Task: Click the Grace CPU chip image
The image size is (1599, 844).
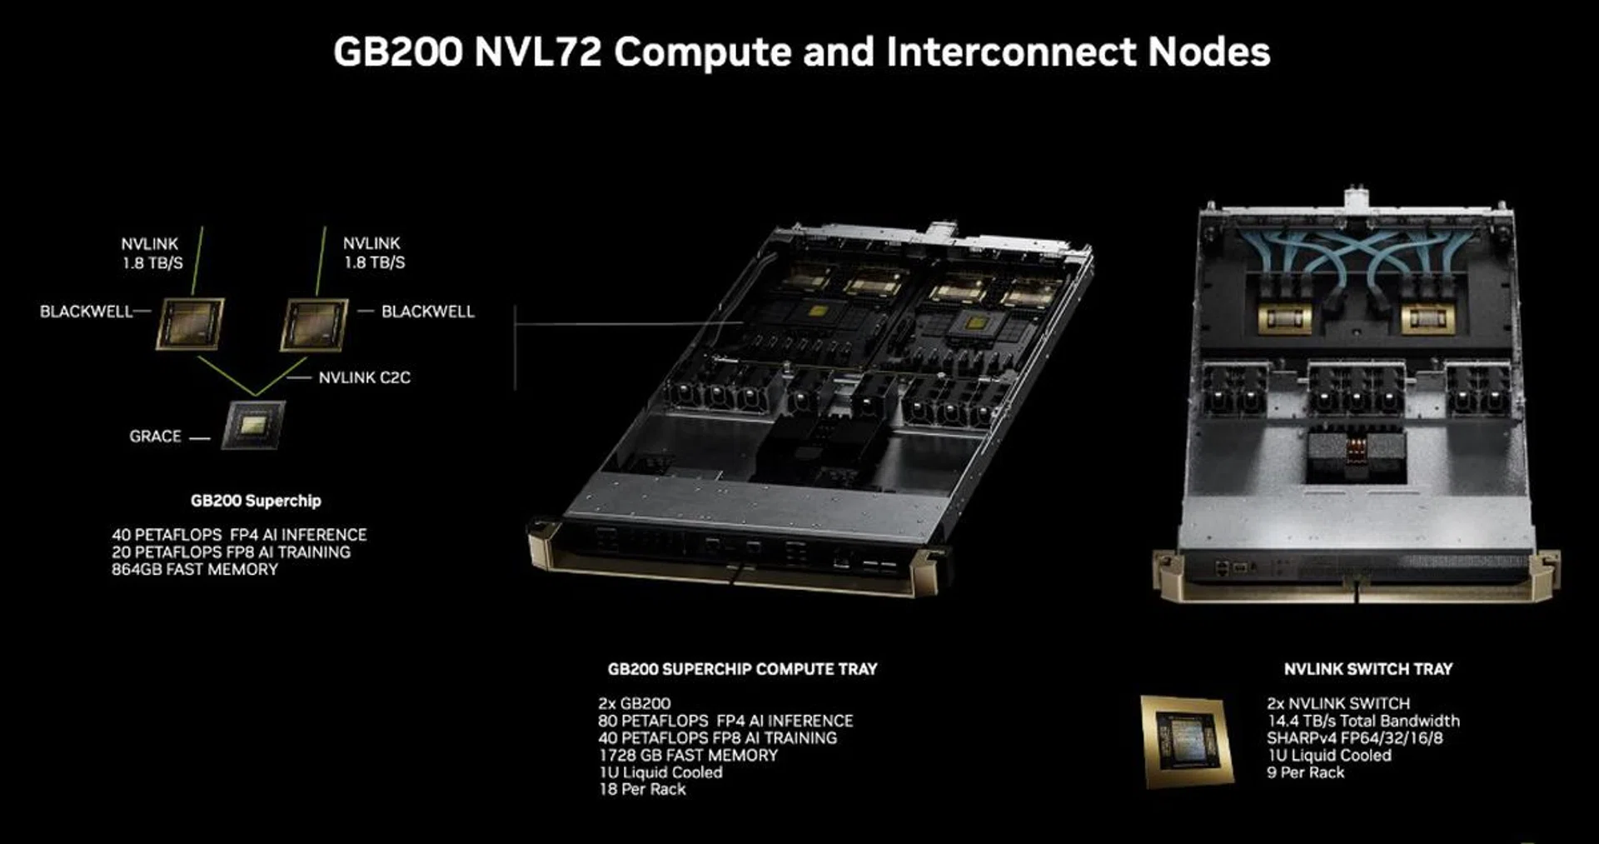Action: [253, 425]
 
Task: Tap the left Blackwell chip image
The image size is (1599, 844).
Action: [190, 323]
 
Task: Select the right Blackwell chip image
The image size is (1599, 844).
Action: [314, 324]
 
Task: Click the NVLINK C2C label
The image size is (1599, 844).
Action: [364, 377]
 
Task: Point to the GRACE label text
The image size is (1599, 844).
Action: [155, 436]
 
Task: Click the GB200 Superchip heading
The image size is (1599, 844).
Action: [256, 501]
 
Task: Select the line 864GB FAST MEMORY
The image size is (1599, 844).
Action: [195, 569]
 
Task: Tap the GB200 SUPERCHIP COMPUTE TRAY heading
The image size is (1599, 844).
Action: [742, 669]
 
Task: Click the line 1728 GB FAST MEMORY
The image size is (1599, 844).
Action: [688, 755]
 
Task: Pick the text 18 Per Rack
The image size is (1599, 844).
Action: [642, 789]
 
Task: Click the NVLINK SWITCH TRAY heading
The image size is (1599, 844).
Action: [1367, 669]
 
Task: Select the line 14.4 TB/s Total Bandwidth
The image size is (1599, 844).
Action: [1363, 721]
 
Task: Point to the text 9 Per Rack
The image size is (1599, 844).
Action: [1305, 772]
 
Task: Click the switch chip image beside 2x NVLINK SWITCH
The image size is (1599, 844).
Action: [1187, 741]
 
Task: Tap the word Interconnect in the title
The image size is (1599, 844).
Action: [1010, 52]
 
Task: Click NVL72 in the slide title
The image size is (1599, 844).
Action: [537, 52]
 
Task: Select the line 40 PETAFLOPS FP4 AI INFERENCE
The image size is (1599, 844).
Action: [239, 534]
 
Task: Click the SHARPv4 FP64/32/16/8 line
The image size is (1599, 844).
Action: [1355, 737]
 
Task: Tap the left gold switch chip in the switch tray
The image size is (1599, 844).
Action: [1284, 317]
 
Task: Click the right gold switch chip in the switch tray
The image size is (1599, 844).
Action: [1428, 317]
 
